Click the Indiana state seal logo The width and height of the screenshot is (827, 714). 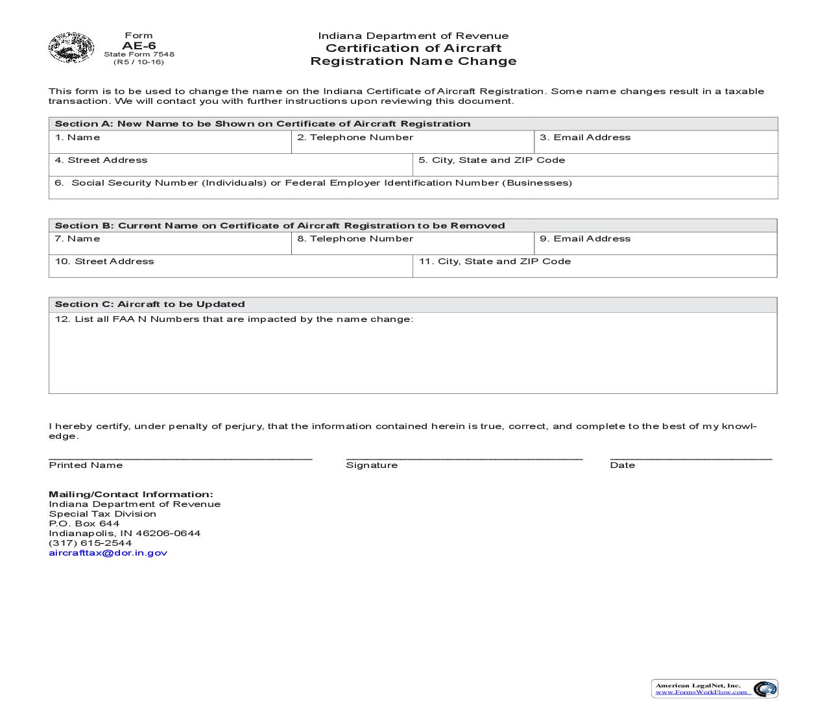click(71, 47)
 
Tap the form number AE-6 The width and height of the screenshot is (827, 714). click(139, 45)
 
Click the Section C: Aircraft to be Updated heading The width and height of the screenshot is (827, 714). click(150, 304)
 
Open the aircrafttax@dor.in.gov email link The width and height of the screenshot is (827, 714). click(108, 553)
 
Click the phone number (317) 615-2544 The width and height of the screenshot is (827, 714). click(90, 543)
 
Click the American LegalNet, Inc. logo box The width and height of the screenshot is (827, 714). click(714, 689)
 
